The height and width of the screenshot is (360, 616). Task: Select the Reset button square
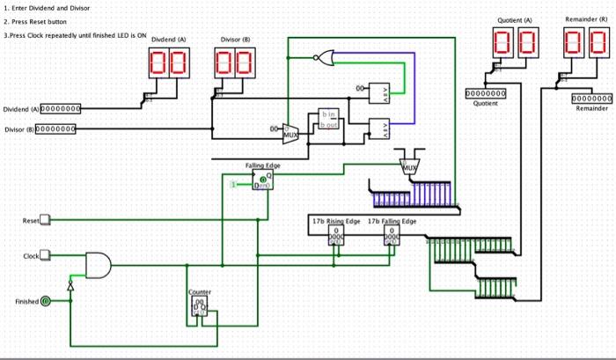click(x=48, y=220)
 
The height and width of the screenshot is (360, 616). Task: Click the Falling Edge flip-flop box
click(x=262, y=181)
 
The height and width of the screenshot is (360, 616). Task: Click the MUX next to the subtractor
click(x=290, y=135)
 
